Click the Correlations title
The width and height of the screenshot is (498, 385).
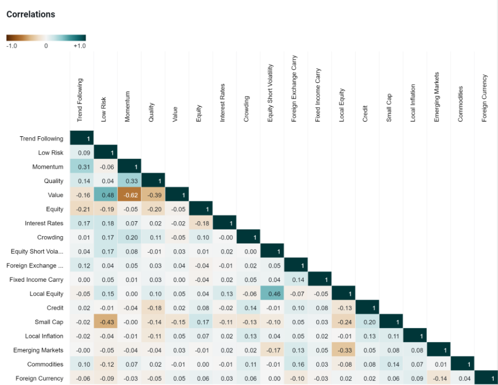31,14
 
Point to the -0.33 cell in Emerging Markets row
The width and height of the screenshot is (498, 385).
342,350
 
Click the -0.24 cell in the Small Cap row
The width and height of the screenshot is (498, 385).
342,322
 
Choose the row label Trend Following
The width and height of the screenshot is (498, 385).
41,139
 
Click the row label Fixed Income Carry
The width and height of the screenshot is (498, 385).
36,280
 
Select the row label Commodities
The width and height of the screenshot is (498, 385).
45,365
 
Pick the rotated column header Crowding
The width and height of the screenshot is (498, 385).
246,109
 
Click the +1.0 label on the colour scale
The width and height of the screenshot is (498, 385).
80,46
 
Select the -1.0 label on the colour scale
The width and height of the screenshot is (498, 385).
12,46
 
